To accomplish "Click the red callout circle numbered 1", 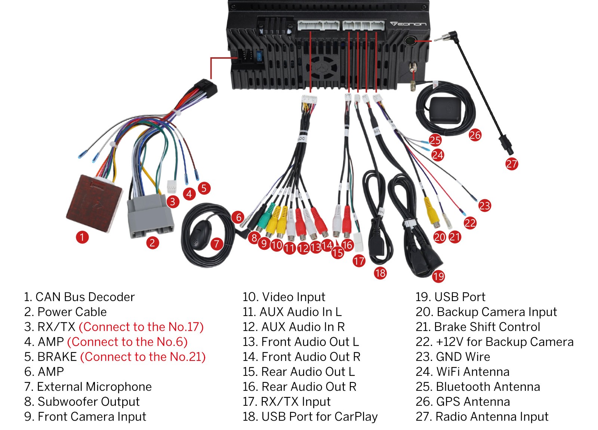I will tap(82, 237).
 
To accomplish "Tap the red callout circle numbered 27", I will tap(512, 164).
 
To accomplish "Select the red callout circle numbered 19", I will tap(438, 276).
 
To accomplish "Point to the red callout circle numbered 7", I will tap(216, 244).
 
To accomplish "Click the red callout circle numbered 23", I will tap(484, 205).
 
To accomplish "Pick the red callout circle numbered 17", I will tap(359, 261).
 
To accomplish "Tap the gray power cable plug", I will tap(150, 216).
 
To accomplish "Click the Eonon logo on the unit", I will tap(408, 24).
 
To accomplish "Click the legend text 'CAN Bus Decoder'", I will tap(85, 297).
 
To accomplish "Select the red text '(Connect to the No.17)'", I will tap(141, 327).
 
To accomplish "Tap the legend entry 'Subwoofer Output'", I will tap(89, 402).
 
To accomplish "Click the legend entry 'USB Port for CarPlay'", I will tap(320, 417).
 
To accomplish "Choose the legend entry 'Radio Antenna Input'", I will tap(492, 417).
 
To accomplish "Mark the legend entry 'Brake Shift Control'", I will tap(487, 327).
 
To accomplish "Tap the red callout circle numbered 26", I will tap(475, 135).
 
